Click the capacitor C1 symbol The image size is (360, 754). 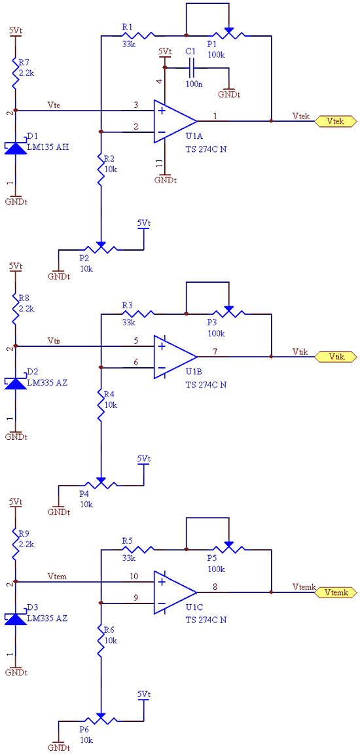[x=192, y=69]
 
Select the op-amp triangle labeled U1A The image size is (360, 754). [x=175, y=121]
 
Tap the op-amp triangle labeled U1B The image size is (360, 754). [x=175, y=357]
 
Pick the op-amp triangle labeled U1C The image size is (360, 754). [x=175, y=592]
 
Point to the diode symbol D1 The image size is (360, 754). [x=16, y=147]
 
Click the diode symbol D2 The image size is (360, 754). [x=16, y=383]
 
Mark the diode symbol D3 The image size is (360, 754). [x=16, y=619]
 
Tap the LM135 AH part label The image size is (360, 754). [x=48, y=148]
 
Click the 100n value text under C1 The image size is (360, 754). [x=193, y=84]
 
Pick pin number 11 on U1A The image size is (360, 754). [x=160, y=164]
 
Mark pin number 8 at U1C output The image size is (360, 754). [x=215, y=586]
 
